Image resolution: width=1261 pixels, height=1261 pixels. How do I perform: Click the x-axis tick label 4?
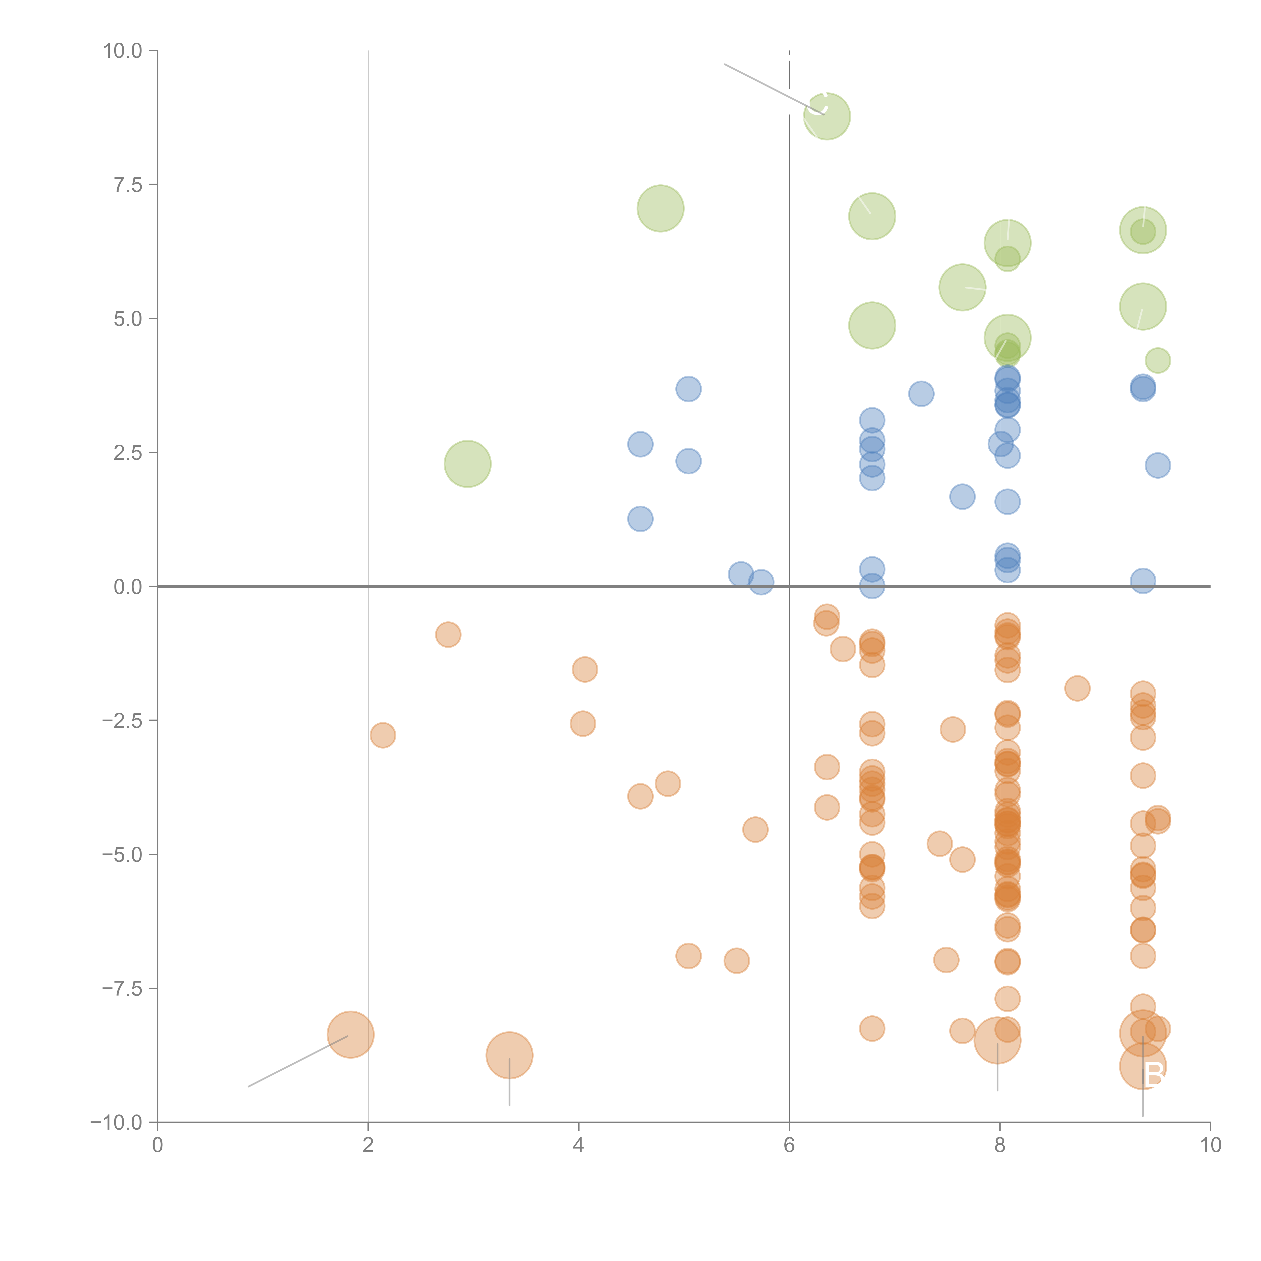pos(578,1145)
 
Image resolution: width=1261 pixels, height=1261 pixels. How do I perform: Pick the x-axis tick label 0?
pos(157,1145)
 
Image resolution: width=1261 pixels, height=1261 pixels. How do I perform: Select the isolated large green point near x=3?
pos(467,464)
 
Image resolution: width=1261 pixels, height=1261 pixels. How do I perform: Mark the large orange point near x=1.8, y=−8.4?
pos(351,1035)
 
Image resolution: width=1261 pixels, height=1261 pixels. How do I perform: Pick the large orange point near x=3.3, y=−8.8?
pos(509,1055)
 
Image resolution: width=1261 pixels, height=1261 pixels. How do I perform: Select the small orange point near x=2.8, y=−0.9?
pos(448,635)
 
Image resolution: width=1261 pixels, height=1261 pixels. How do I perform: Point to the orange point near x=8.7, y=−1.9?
pos(1077,688)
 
